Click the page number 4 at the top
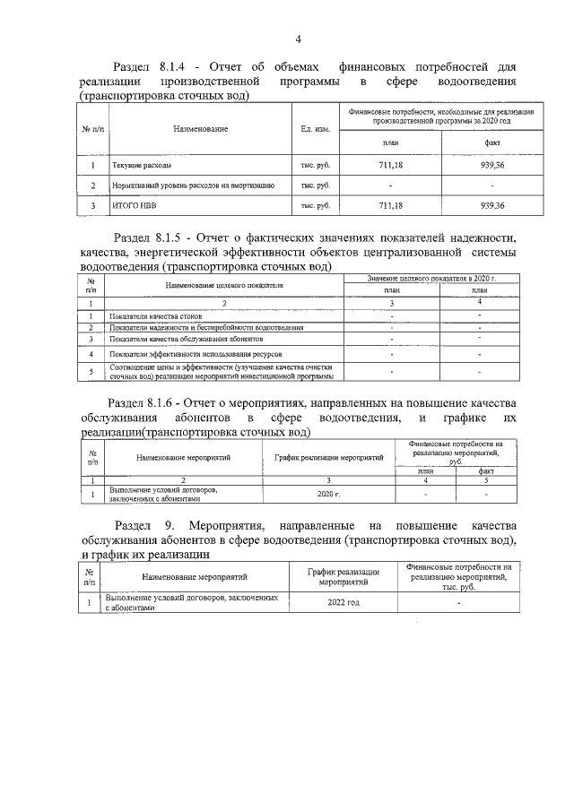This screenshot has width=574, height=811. click(x=299, y=38)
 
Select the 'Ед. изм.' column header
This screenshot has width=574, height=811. click(x=316, y=129)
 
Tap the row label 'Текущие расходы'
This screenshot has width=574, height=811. click(x=142, y=166)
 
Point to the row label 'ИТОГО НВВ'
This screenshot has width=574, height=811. click(x=130, y=205)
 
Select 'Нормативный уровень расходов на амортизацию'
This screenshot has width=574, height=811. click(x=193, y=185)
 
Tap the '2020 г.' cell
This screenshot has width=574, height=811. click(x=329, y=494)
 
